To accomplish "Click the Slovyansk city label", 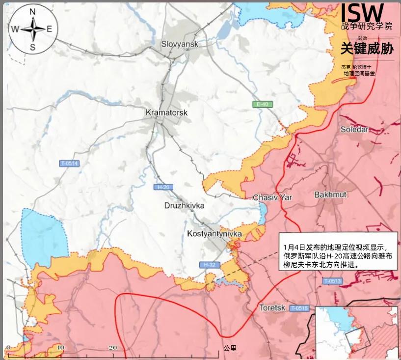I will (x=180, y=44).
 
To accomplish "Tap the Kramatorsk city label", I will (x=167, y=112).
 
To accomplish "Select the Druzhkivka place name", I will (x=184, y=205).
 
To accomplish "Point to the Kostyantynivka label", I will (x=215, y=234).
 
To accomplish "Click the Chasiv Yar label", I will (x=272, y=197).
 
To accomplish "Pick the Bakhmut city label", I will (x=330, y=194).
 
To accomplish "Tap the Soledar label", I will (x=354, y=129).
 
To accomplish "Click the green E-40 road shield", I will (x=262, y=104).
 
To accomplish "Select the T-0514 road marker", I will (x=69, y=164).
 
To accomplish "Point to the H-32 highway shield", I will (x=208, y=265).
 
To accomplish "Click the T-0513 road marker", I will (x=332, y=281).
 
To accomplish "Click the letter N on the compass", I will (x=33, y=12).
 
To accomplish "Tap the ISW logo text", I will (x=362, y=12).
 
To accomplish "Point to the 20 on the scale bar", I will (x=112, y=348).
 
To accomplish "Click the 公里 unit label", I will (x=230, y=348).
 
